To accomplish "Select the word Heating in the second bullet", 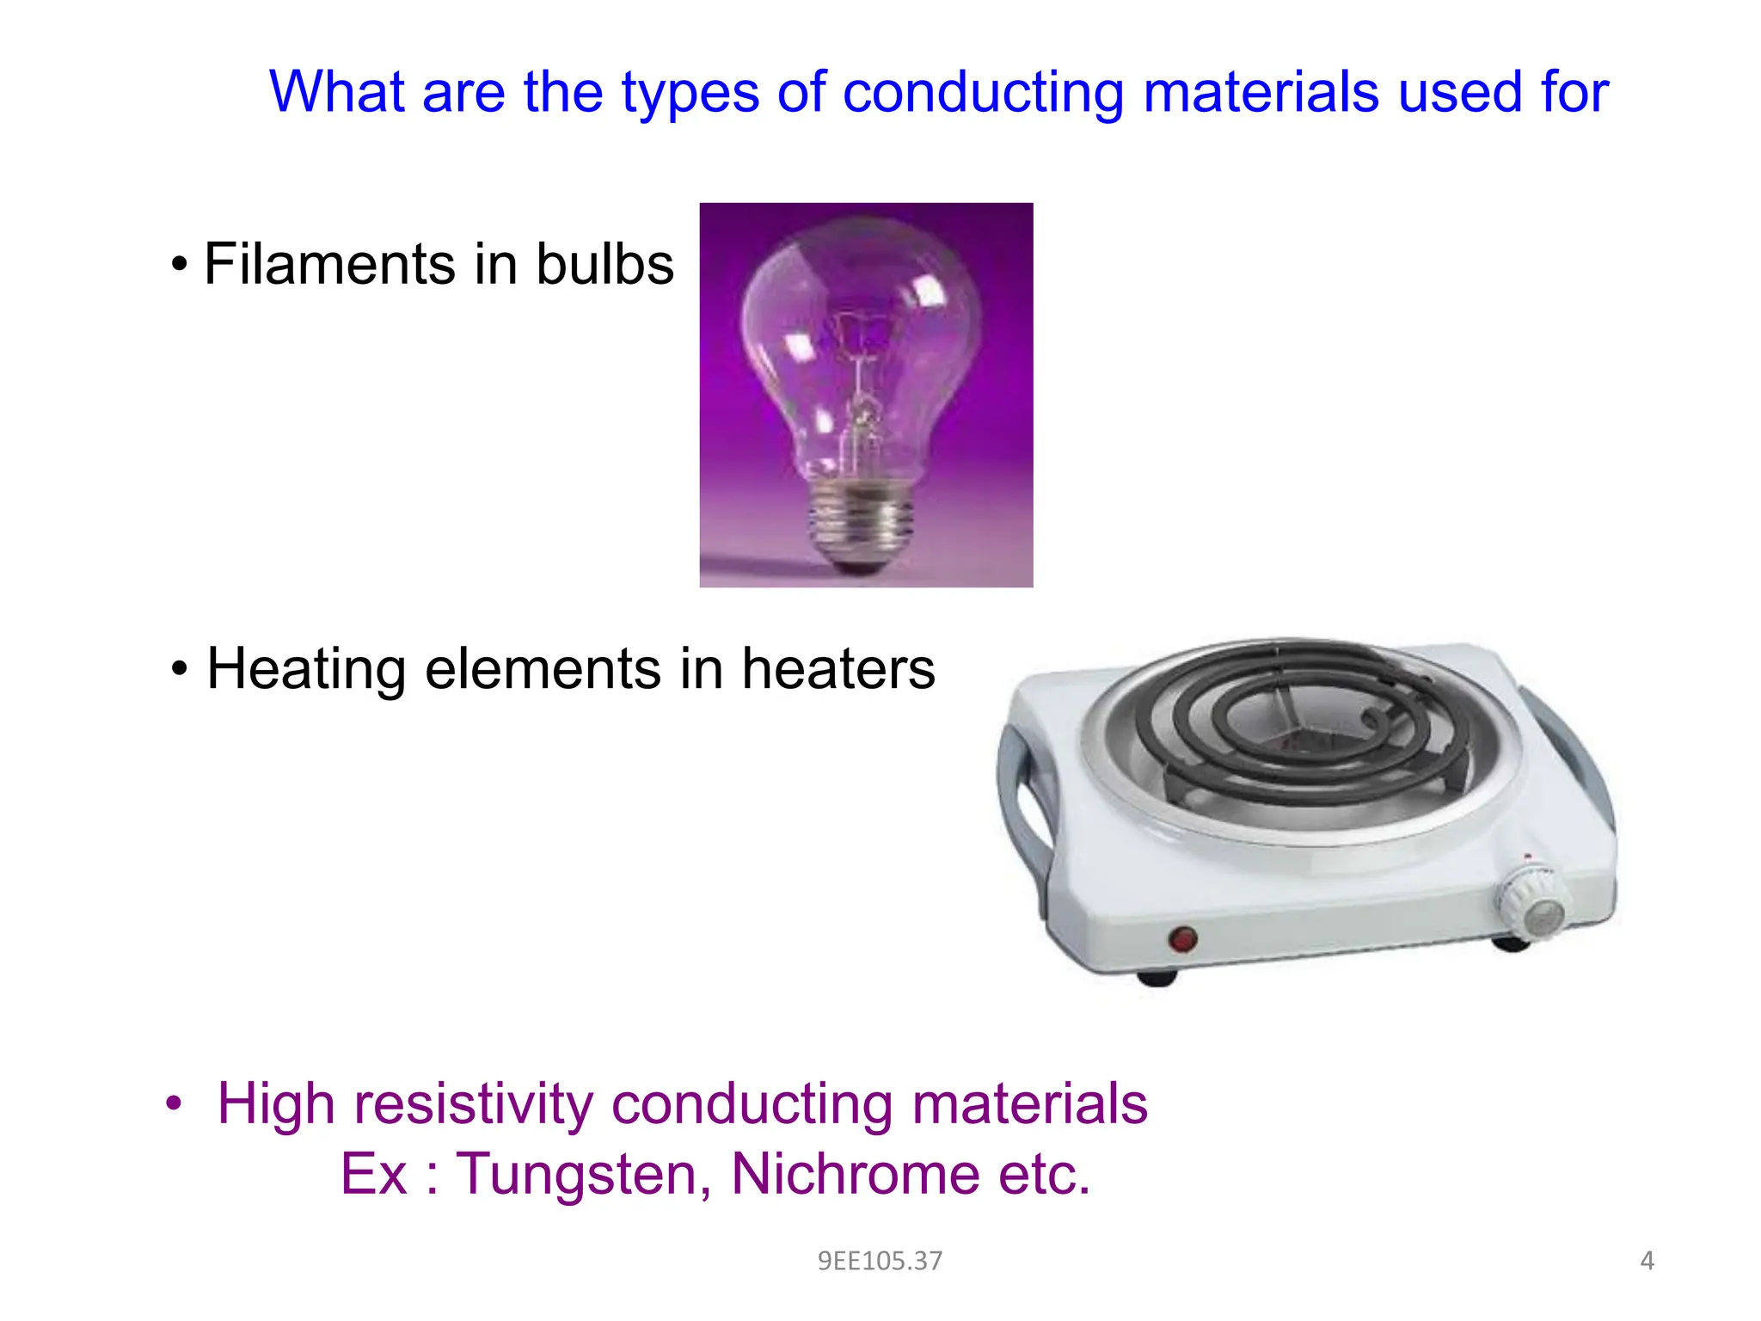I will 306,669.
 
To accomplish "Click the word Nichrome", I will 855,1174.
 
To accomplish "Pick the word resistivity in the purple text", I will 473,1103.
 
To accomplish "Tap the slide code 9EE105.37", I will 880,1261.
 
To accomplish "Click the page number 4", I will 1647,1261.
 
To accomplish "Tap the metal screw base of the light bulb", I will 860,520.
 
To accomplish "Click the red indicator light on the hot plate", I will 1184,938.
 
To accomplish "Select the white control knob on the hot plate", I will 1531,903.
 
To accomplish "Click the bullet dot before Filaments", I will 179,265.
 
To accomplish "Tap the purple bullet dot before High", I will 175,1103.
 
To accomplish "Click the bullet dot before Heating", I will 179,670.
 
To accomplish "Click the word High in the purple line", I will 275,1103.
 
